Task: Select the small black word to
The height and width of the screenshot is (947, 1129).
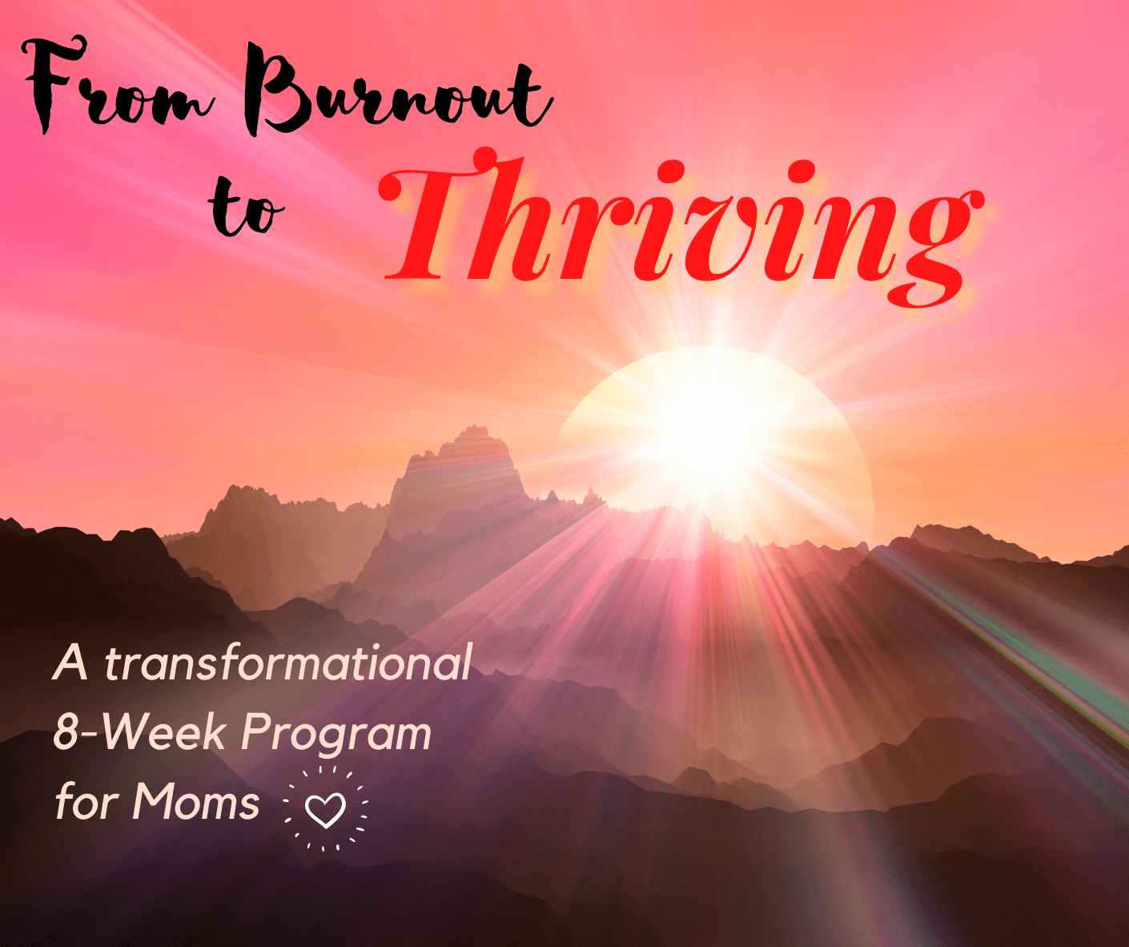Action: (x=246, y=208)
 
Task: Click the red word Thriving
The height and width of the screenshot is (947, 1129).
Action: (x=681, y=228)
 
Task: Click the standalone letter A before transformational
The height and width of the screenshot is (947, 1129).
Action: (x=70, y=663)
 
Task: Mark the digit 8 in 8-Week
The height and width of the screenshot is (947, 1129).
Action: (x=64, y=731)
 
